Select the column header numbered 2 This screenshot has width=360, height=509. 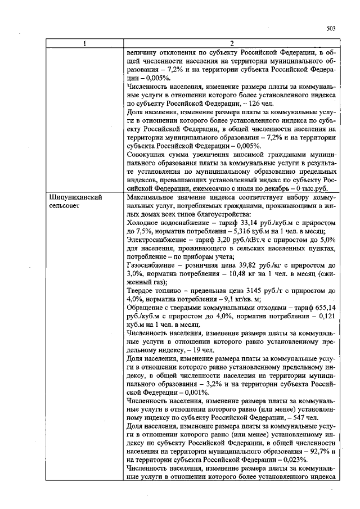click(x=231, y=44)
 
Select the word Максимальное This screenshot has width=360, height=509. click(x=151, y=198)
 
